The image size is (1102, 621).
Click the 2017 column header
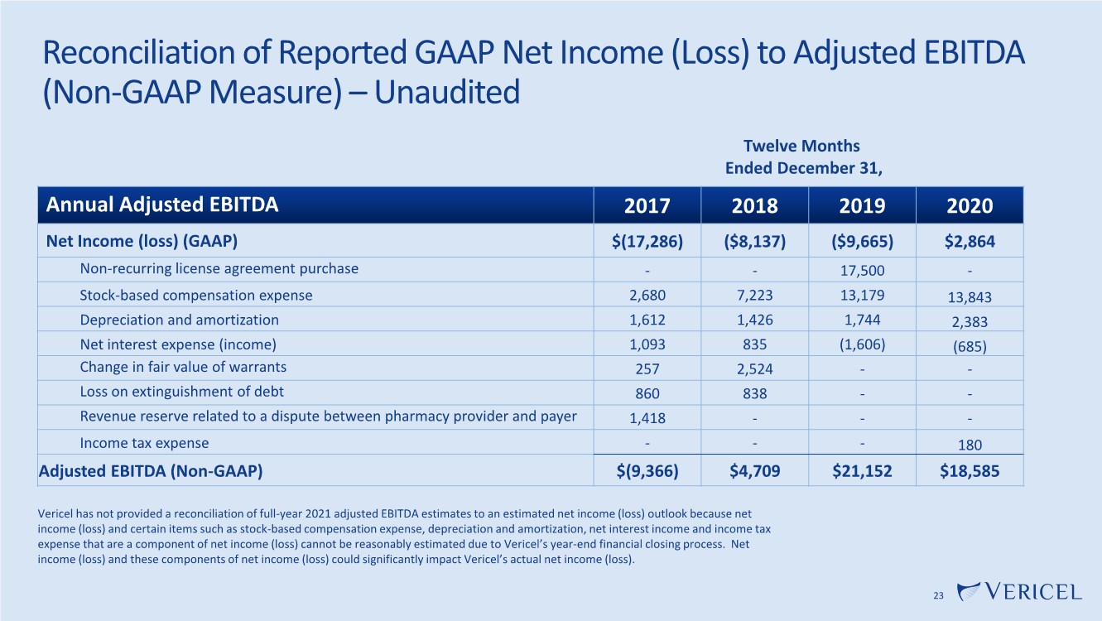pos(647,205)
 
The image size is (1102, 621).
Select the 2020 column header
pos(970,205)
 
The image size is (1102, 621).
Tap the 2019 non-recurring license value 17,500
pos(862,270)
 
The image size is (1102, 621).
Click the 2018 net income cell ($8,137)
pos(754,241)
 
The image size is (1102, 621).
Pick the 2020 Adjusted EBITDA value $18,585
pos(970,471)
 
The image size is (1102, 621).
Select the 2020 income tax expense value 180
pos(970,445)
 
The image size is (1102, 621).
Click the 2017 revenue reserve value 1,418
pos(647,418)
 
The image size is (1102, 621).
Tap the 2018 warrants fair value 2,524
pos(754,369)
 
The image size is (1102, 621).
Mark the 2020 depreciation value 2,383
pos(970,322)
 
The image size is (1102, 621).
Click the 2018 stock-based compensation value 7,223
pos(754,296)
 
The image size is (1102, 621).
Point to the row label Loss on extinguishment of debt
pos(181,392)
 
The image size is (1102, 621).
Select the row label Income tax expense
pos(144,443)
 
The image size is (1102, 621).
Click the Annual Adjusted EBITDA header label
pos(161,205)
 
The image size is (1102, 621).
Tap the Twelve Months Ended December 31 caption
pos(803,157)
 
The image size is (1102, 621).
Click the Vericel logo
pos(1019,591)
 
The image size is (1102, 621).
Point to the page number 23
pos(938,596)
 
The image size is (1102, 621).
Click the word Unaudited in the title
pos(447,92)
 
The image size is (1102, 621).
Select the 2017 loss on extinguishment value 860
pos(647,393)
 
